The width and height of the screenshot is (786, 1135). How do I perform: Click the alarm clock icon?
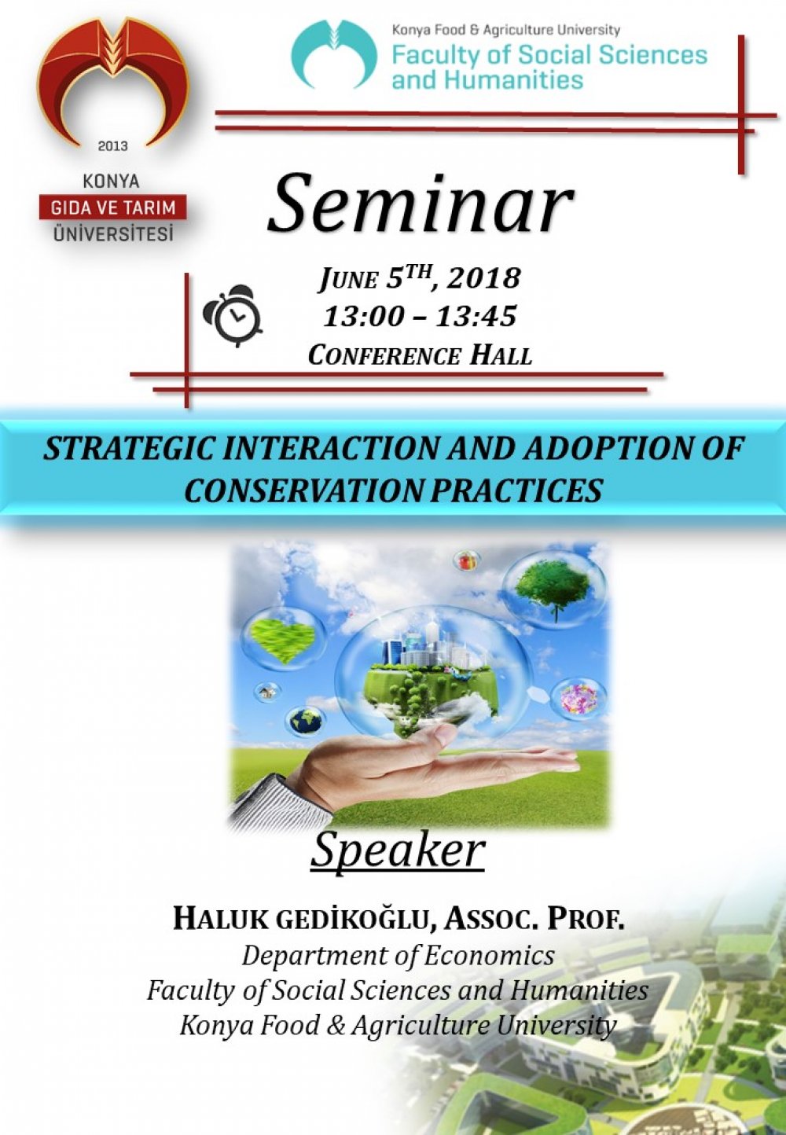point(233,316)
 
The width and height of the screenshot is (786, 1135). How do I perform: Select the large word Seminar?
point(420,204)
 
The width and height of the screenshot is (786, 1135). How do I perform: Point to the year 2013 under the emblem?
point(112,146)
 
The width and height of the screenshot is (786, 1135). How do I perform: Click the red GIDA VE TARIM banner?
point(112,208)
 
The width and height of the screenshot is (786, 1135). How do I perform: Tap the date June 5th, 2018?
point(419,278)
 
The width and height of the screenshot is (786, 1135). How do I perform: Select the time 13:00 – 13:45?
point(420,317)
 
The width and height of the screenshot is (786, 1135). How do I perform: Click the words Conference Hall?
point(420,355)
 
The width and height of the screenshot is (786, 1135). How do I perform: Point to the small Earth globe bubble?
point(305,719)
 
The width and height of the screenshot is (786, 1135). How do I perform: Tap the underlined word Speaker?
point(398,850)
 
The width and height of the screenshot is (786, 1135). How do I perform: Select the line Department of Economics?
point(398,955)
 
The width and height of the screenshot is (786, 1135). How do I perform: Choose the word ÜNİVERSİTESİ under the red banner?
point(112,233)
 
